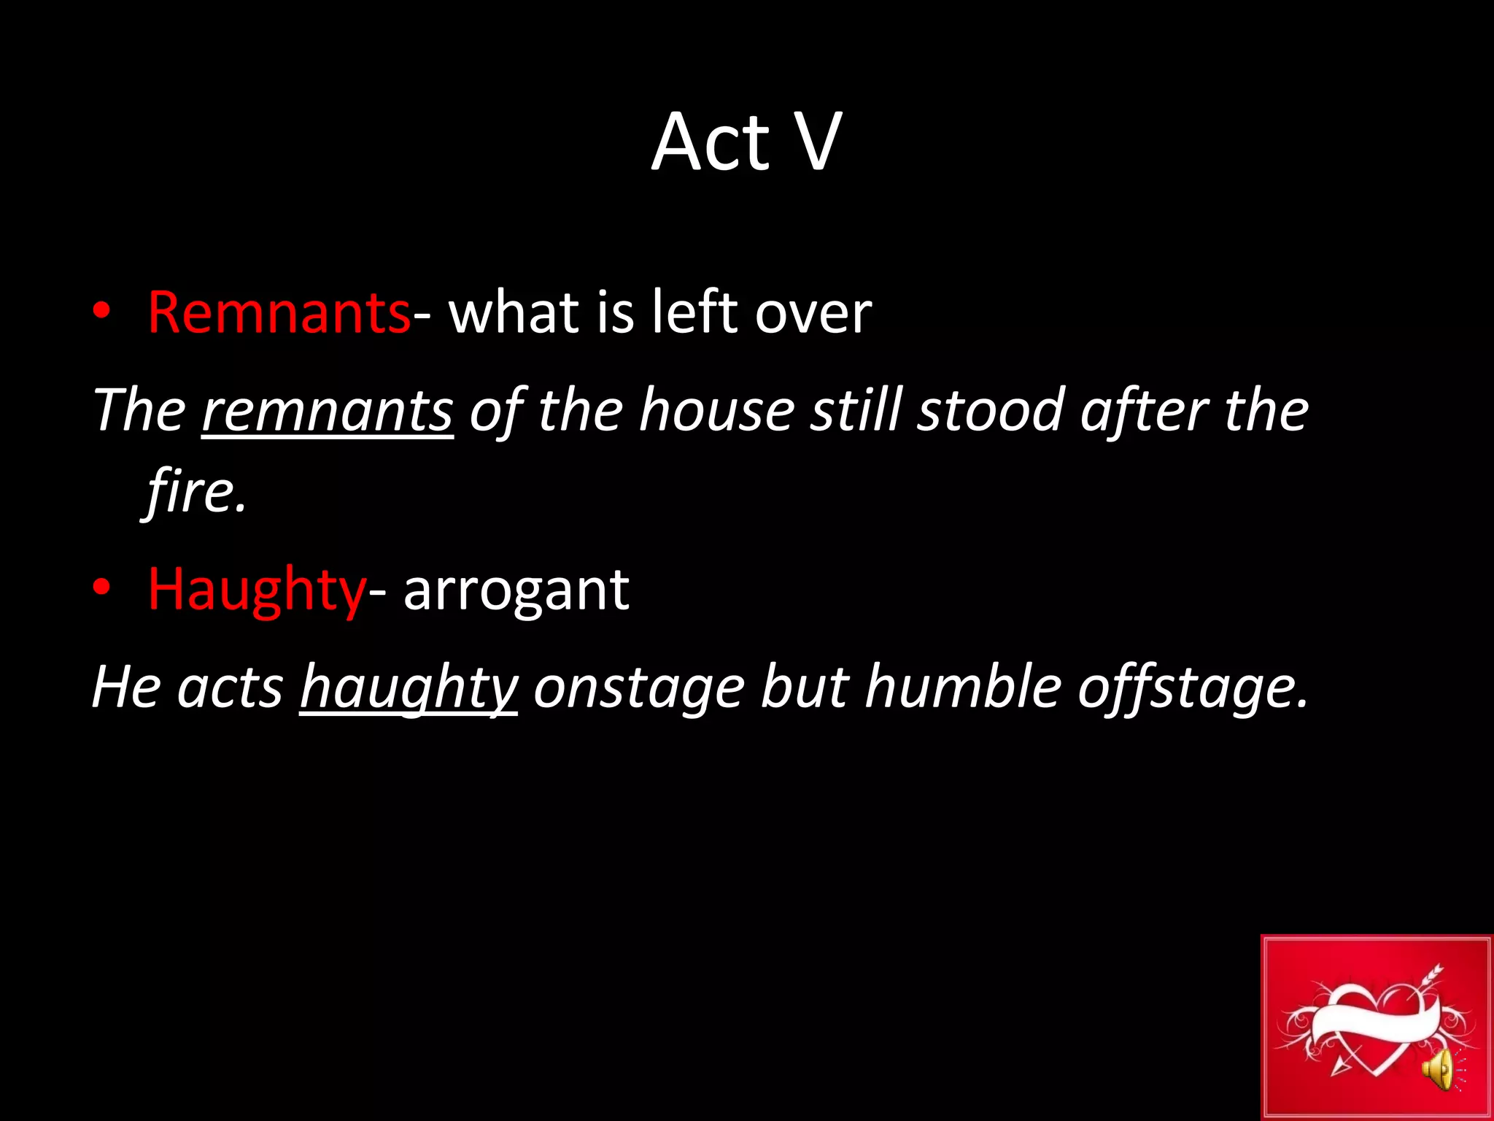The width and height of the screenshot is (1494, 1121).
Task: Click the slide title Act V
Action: [746, 142]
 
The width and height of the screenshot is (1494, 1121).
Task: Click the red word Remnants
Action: [279, 312]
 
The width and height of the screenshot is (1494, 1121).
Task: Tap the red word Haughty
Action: [256, 590]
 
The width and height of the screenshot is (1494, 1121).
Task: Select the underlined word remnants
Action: [328, 410]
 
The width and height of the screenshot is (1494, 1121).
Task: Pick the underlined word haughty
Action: [409, 687]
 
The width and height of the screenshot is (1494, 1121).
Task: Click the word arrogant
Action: [516, 590]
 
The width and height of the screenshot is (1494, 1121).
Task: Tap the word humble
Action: [962, 687]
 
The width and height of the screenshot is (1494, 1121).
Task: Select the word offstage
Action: [1192, 687]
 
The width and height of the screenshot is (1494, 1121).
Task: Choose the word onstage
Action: [639, 687]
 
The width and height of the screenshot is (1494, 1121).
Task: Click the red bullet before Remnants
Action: [101, 312]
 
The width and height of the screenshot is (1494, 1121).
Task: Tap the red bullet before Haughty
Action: [101, 588]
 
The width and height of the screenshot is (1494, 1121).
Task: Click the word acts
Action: [231, 687]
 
